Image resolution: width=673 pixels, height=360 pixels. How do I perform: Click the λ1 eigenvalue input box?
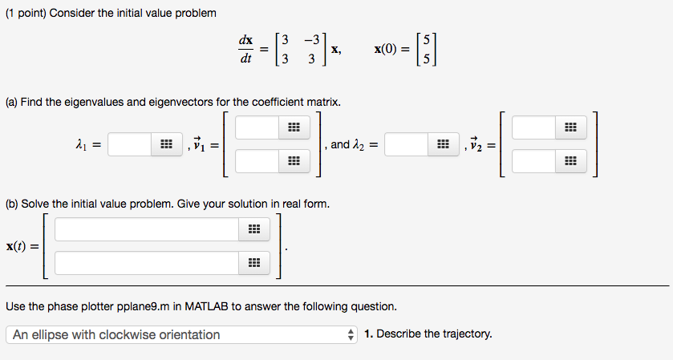pos(129,144)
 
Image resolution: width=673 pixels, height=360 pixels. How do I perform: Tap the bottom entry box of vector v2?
pos(533,162)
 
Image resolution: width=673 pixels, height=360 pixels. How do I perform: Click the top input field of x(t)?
pos(147,230)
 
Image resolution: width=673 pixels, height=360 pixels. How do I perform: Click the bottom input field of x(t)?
pos(147,263)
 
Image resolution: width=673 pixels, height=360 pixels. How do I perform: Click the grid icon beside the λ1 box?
pos(166,144)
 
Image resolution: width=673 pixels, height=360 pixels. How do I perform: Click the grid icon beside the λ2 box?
pos(442,144)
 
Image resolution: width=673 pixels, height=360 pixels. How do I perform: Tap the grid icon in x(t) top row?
pos(253,230)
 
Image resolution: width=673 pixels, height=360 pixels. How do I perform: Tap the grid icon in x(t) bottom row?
pos(253,263)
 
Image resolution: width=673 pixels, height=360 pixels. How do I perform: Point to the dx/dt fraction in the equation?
pos(245,48)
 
